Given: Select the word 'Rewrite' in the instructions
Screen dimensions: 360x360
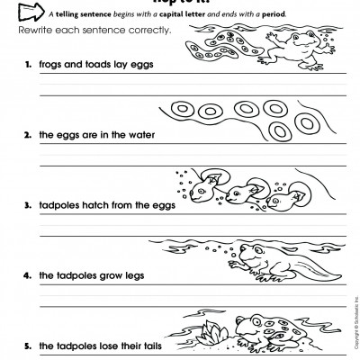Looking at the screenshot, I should pyautogui.click(x=35, y=31).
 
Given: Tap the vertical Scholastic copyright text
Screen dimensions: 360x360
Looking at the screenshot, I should pyautogui.click(x=354, y=328).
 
